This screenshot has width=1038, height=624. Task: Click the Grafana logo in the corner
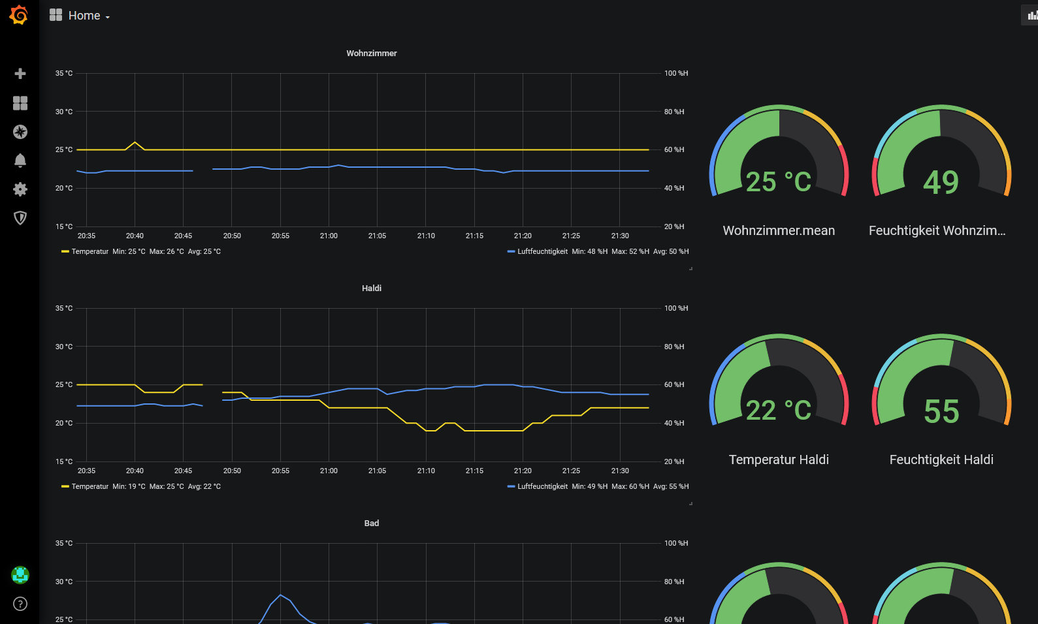[x=19, y=15]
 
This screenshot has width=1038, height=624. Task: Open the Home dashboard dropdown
[x=80, y=16]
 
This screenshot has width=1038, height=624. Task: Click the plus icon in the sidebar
[x=20, y=74]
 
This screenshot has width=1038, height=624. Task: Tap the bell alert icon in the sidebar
[x=20, y=161]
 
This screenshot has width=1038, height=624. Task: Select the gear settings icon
[x=20, y=189]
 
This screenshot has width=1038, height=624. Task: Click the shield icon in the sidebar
[x=20, y=218]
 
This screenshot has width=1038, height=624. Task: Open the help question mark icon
[x=20, y=604]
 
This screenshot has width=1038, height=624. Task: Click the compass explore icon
[x=20, y=132]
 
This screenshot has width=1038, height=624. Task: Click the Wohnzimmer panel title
[x=371, y=54]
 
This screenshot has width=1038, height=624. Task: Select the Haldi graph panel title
[x=371, y=289]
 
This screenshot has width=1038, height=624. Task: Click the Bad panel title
[x=371, y=523]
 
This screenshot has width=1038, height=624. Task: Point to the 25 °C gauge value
[x=779, y=182]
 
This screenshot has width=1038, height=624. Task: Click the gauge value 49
[x=941, y=182]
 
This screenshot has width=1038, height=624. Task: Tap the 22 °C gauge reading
[x=779, y=411]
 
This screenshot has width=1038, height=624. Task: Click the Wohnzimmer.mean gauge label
[x=779, y=230]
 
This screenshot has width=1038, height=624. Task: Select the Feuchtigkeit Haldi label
[x=941, y=460]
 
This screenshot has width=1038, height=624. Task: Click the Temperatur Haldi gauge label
[x=779, y=460]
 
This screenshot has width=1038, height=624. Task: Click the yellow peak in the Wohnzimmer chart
[x=135, y=142]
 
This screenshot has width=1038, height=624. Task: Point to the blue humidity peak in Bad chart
[x=281, y=595]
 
